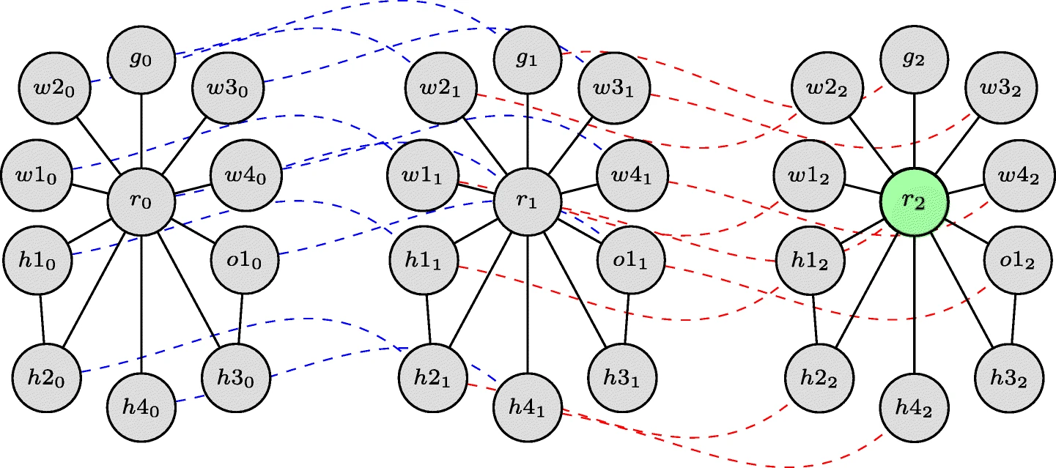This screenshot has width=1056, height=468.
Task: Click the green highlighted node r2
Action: pos(914,202)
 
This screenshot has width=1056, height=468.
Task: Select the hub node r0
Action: pos(141,202)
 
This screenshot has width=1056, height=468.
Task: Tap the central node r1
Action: pos(528,202)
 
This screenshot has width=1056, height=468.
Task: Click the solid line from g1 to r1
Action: pos(528,132)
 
